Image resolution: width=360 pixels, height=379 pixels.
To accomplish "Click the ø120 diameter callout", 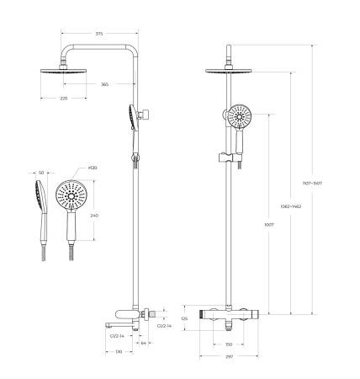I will coord(82,168).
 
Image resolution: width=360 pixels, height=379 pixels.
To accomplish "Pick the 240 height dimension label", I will coord(94,216).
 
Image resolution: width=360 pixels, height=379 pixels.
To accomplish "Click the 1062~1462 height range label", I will coord(292,206).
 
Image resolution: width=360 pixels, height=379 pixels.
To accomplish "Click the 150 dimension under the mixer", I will coord(228,344).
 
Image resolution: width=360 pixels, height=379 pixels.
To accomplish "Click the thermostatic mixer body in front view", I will coord(228,317).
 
